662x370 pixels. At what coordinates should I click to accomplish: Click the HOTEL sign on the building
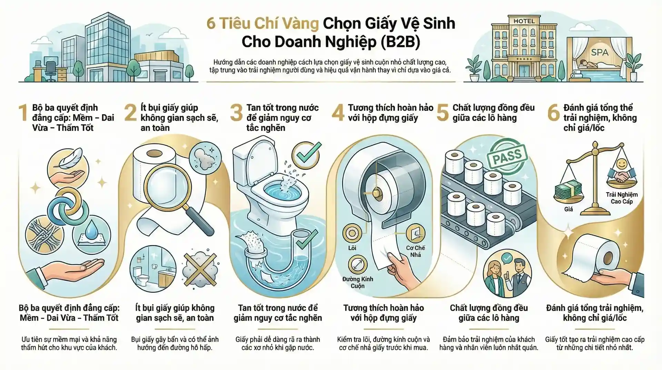(x=524, y=21)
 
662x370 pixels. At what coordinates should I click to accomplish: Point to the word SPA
(x=600, y=52)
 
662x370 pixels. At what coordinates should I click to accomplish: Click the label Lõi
(x=352, y=248)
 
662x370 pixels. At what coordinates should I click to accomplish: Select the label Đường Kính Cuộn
(x=358, y=282)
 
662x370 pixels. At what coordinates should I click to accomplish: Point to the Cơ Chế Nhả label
(x=415, y=251)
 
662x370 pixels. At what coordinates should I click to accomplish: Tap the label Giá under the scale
(x=569, y=209)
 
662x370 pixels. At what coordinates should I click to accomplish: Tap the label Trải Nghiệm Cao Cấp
(x=622, y=198)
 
